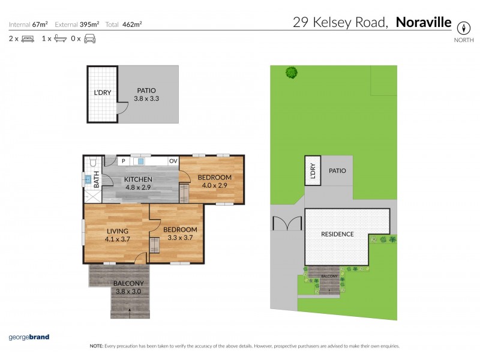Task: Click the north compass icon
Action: tap(463, 28)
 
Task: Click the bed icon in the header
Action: tap(28, 39)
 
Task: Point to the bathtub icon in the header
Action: tap(59, 39)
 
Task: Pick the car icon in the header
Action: tap(89, 39)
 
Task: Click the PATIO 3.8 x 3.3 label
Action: tap(147, 94)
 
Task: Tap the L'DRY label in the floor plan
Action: tap(102, 93)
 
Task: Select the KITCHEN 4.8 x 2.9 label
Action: tap(138, 183)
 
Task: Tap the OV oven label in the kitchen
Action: tap(173, 161)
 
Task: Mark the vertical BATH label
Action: tap(97, 177)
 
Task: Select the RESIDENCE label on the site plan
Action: tap(337, 234)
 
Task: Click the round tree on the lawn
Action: tap(292, 73)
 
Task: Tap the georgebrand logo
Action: tap(28, 337)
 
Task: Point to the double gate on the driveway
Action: tap(286, 223)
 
